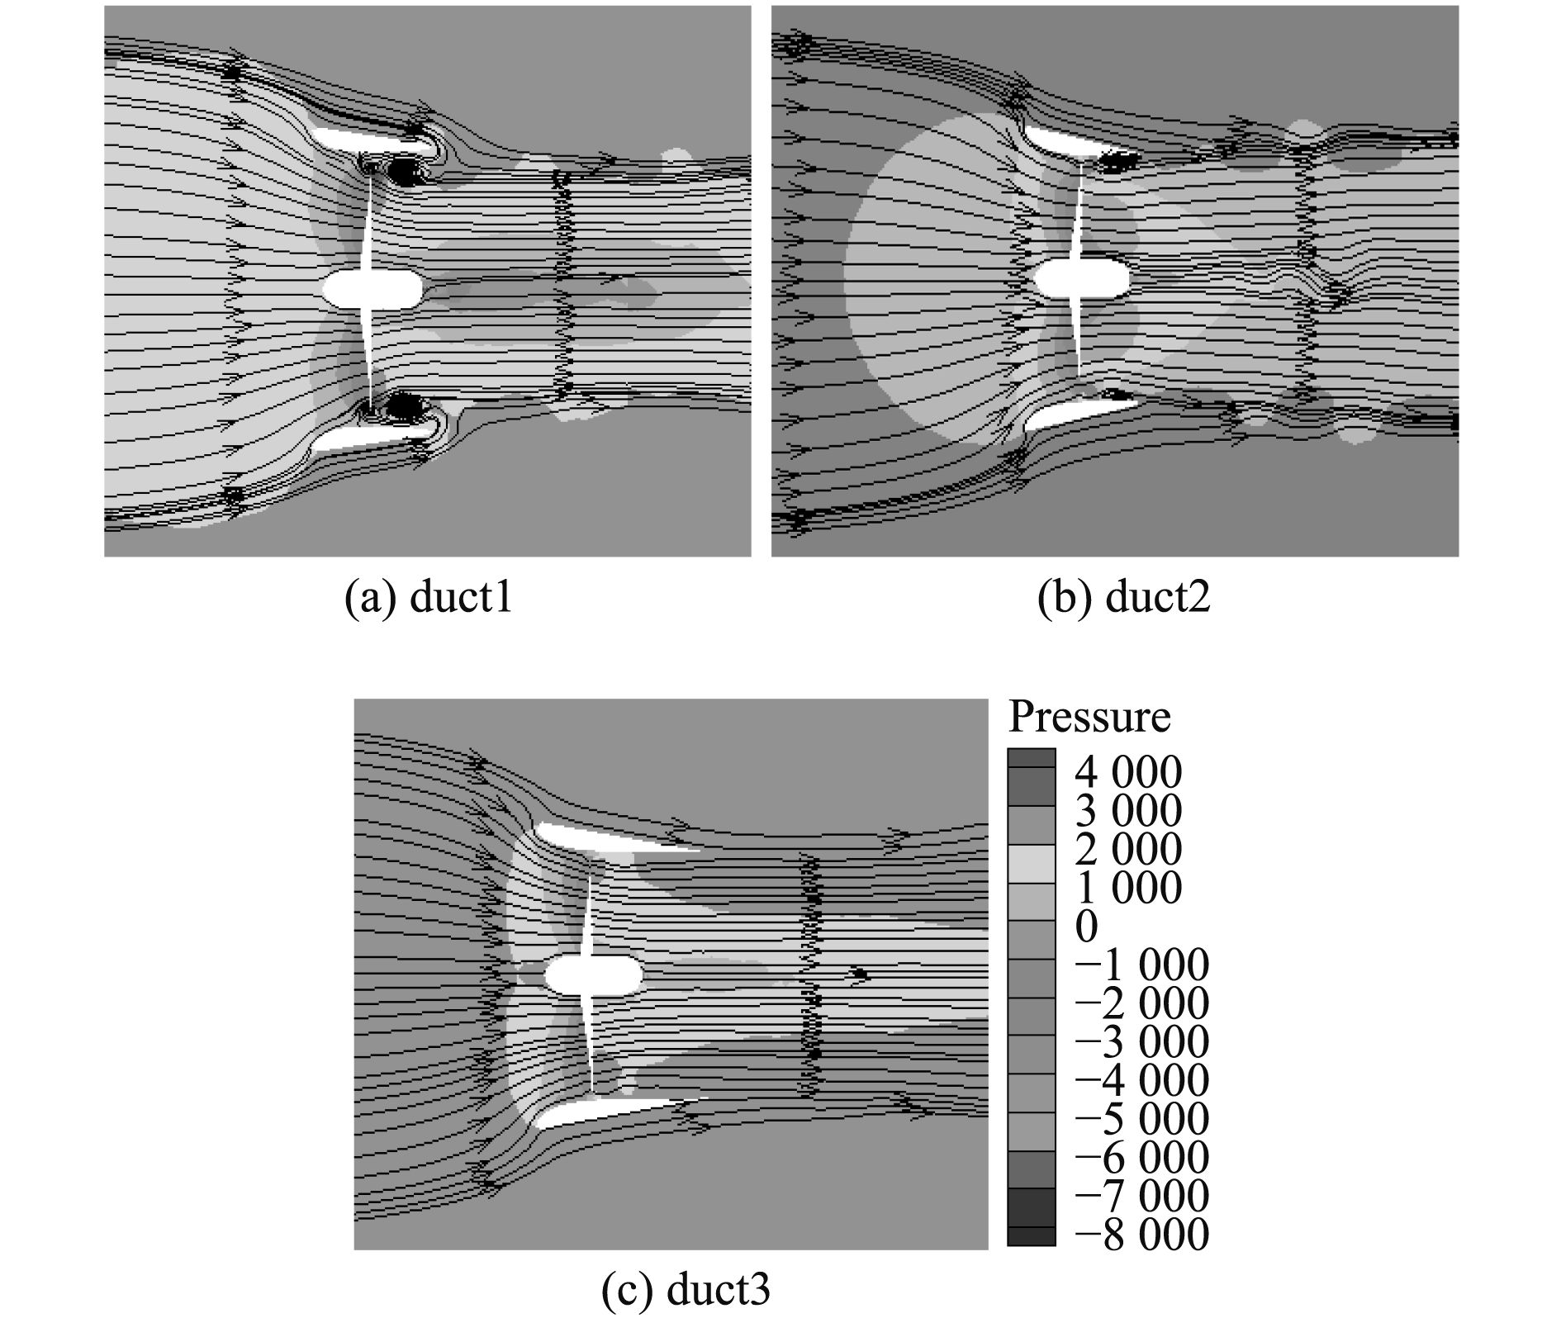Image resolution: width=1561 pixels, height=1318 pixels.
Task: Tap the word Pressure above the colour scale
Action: (1089, 717)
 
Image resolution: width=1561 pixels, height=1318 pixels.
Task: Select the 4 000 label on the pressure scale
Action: (1127, 773)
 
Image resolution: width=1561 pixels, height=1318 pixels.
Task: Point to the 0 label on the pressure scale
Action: (1087, 927)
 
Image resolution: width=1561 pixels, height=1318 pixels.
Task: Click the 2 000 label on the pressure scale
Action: (1127, 850)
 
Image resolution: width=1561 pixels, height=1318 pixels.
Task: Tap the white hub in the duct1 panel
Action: (372, 289)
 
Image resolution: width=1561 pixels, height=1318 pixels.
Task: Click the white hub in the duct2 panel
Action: (1082, 278)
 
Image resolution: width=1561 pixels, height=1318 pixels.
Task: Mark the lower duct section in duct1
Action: (372, 436)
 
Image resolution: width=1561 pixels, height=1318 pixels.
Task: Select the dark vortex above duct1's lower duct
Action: (403, 405)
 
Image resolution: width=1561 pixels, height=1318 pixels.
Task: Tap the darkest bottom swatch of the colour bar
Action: (1031, 1236)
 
